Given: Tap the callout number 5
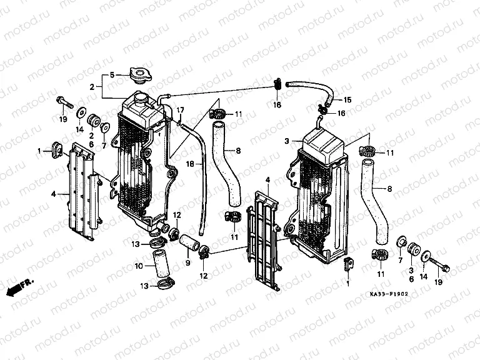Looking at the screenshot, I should pyautogui.click(x=112, y=75).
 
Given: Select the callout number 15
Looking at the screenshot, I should pyautogui.click(x=347, y=100).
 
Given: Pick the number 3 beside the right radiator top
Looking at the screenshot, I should pyautogui.click(x=286, y=142).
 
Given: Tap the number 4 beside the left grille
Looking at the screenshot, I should pyautogui.click(x=53, y=194).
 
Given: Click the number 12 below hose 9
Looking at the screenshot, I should pyautogui.click(x=203, y=276).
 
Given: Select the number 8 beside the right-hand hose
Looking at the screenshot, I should pyautogui.click(x=391, y=188).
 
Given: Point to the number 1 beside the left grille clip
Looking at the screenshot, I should pyautogui.click(x=39, y=151).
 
